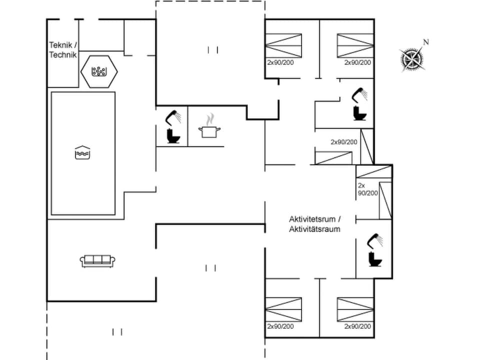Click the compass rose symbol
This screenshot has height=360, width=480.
[412, 59]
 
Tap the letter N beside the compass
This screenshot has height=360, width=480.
[426, 42]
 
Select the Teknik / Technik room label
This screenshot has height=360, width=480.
[63, 50]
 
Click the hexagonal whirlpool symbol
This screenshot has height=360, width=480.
[99, 71]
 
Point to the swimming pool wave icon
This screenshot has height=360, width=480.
[82, 152]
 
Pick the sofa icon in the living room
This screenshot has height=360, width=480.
[98, 260]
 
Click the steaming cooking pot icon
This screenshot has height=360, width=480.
[210, 128]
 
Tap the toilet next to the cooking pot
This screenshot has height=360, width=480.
[173, 136]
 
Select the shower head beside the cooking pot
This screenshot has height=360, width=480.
[173, 116]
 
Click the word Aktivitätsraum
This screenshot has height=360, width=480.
[314, 229]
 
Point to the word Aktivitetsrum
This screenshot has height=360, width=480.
[314, 219]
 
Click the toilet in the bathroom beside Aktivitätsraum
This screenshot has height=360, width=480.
[374, 259]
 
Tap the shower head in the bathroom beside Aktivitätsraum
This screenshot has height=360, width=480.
[375, 240]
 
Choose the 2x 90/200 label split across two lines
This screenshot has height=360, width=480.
[367, 189]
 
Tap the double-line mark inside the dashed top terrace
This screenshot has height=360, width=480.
[212, 49]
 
